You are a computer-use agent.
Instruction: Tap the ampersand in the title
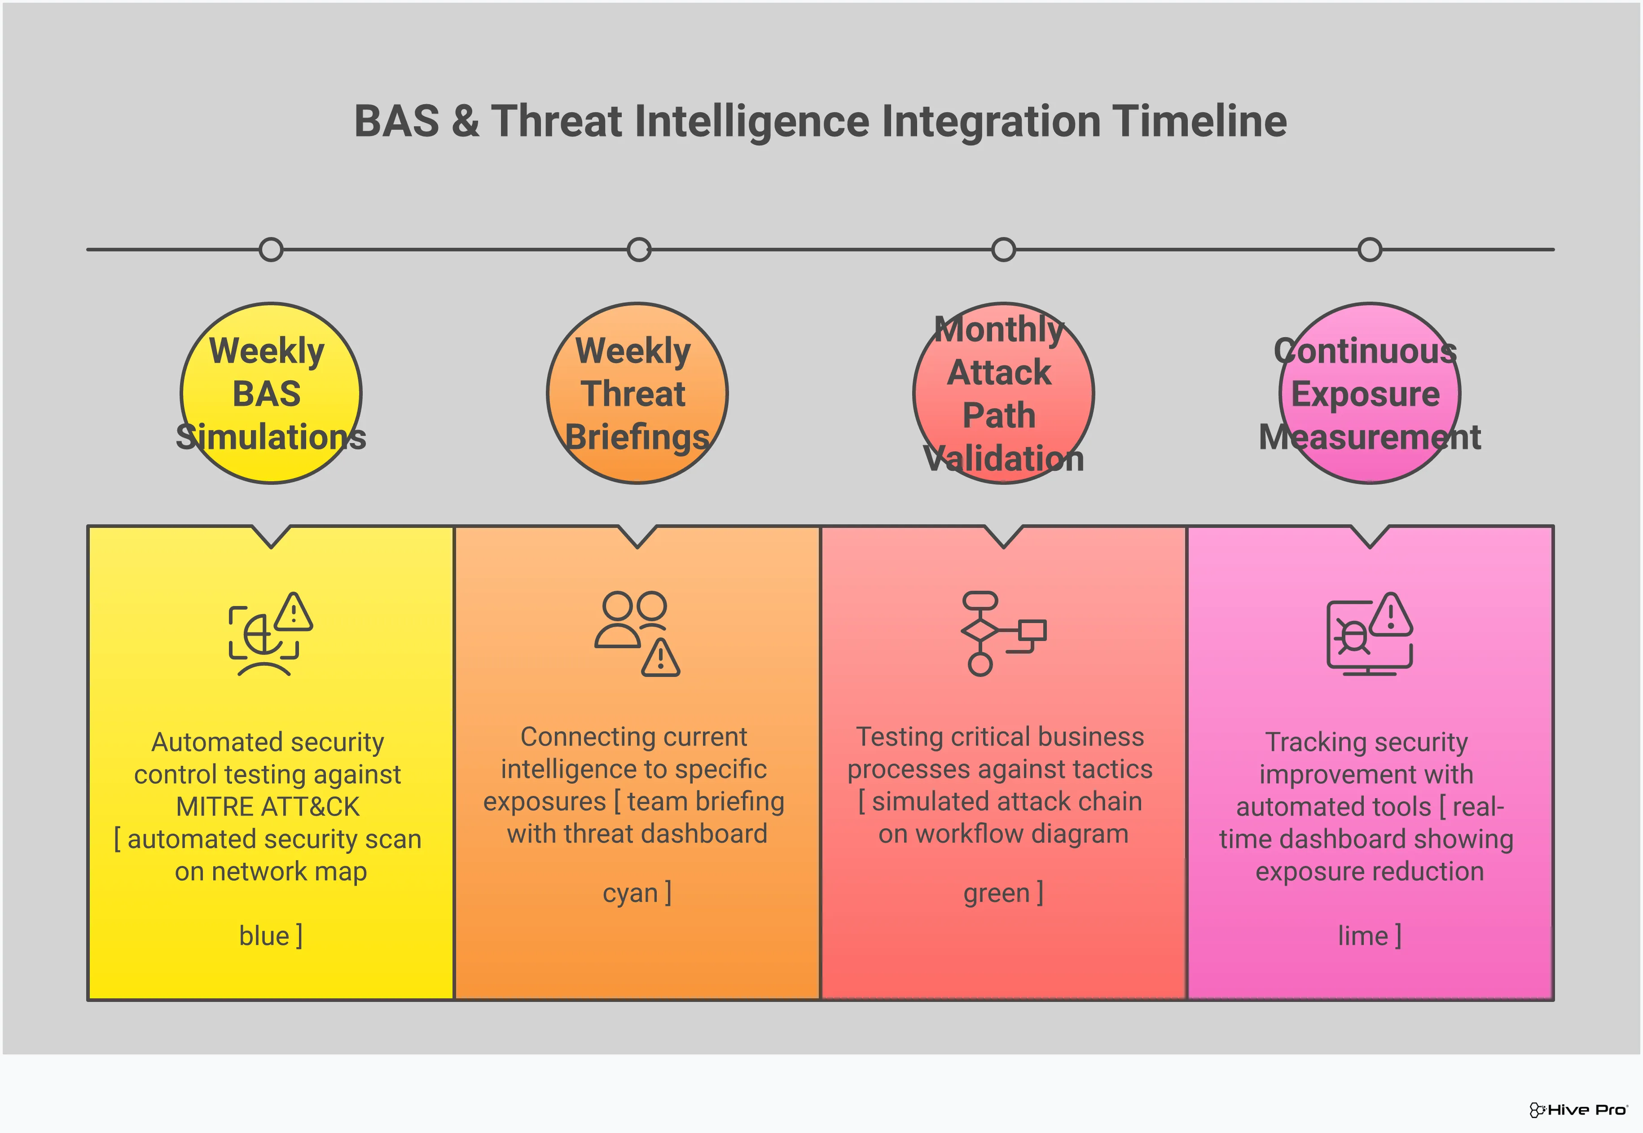465,121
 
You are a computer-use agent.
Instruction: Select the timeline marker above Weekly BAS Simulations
271,250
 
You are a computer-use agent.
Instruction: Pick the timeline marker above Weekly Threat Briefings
639,250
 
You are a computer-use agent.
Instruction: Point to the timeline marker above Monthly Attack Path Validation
1003,250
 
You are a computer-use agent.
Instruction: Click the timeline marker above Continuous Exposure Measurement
1369,250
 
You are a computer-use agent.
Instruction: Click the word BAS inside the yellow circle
267,394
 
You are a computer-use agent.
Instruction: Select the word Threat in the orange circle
633,394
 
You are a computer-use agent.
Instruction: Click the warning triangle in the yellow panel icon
293,613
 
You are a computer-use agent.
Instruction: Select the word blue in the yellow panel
264,936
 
